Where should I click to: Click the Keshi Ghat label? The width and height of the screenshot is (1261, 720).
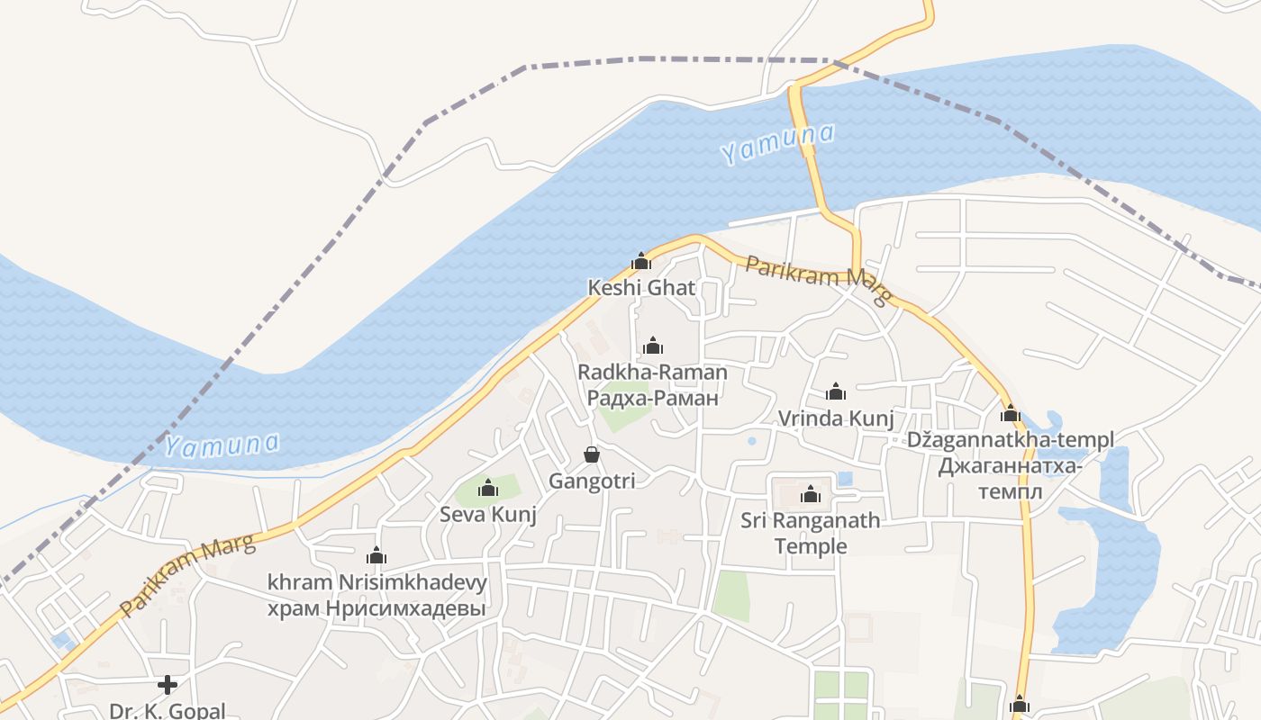(x=641, y=288)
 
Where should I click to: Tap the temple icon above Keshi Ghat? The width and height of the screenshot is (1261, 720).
(x=641, y=262)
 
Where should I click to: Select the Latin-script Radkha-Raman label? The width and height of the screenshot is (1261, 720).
(x=652, y=372)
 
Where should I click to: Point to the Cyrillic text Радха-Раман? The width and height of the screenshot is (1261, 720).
(x=652, y=398)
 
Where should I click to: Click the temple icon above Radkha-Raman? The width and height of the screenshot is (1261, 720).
(x=653, y=346)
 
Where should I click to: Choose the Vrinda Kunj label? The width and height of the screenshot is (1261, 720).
(x=836, y=418)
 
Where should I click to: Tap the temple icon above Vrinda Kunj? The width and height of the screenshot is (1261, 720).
(x=836, y=391)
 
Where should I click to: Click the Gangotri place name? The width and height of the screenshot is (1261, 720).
(x=592, y=481)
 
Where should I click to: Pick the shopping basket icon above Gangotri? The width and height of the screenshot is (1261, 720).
(x=592, y=454)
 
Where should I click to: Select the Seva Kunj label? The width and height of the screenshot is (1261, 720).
(x=488, y=515)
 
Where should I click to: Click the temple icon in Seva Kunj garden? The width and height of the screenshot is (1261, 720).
(x=488, y=489)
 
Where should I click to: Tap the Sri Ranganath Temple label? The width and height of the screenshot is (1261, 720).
(x=811, y=533)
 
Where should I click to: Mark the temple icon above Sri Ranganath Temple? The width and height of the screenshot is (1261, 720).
(x=811, y=494)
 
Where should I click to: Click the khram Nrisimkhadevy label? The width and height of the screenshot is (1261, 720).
(x=376, y=582)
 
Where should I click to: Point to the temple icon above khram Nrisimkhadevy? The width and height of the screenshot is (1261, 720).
(x=376, y=556)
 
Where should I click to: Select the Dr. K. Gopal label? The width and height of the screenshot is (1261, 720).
(x=168, y=710)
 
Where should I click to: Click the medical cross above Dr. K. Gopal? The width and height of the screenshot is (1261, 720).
(x=168, y=685)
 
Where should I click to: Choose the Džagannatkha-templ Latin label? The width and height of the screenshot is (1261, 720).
(x=1010, y=440)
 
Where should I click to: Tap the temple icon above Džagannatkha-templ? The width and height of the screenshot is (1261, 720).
(x=1011, y=414)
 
